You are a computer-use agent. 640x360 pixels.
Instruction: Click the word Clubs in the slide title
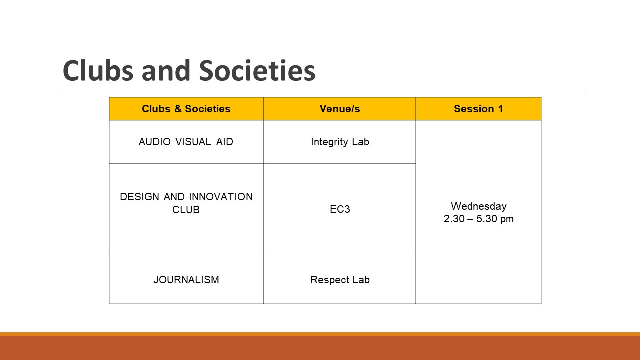tap(98, 71)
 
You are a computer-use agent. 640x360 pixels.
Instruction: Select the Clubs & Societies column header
tap(186, 109)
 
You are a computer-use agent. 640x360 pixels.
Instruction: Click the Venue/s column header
tap(340, 109)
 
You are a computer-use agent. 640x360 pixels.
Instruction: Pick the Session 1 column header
tap(478, 109)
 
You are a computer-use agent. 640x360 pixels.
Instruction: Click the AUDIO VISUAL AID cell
tap(186, 142)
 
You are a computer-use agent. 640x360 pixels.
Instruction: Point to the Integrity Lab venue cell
tap(340, 142)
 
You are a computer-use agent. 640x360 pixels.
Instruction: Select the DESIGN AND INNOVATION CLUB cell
tap(186, 203)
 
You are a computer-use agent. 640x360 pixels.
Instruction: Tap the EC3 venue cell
tap(340, 209)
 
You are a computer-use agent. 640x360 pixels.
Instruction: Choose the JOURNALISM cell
tap(186, 280)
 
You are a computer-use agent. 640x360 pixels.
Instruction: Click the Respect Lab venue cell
tap(340, 280)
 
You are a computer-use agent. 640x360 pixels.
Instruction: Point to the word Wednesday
tap(479, 206)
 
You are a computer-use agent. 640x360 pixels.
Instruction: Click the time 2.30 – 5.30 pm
tap(479, 219)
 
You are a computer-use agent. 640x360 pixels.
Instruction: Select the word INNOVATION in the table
tap(221, 197)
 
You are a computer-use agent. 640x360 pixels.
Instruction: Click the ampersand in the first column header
tap(178, 109)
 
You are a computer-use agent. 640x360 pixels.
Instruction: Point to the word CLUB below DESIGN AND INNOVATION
tap(186, 210)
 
